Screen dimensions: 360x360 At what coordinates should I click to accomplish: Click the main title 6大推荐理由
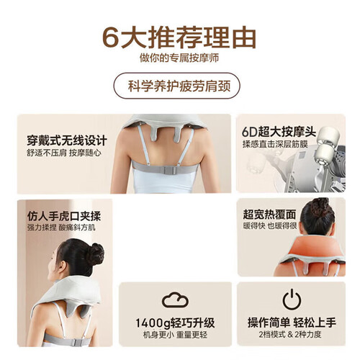click(x=179, y=38)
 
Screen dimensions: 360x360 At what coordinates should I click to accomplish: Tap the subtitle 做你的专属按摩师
click(x=179, y=58)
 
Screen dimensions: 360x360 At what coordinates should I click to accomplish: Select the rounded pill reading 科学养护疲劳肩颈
click(x=177, y=86)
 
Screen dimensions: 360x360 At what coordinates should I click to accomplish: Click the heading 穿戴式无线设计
click(x=67, y=140)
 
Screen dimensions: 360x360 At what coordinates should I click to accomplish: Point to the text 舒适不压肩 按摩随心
click(x=64, y=153)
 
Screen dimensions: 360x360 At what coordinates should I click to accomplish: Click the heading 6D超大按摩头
click(x=279, y=132)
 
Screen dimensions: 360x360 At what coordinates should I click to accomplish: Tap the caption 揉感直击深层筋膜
click(x=275, y=144)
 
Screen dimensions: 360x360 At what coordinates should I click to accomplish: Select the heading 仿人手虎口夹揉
click(x=64, y=216)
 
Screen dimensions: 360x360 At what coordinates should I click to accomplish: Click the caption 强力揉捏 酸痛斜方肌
click(x=61, y=228)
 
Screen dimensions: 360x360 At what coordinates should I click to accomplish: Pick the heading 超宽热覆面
click(x=269, y=215)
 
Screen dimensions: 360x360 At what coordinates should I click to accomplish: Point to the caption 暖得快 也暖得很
click(x=270, y=226)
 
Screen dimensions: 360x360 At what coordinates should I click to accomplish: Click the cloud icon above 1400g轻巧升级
click(x=175, y=300)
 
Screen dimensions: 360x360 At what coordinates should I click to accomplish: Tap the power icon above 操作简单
click(x=292, y=300)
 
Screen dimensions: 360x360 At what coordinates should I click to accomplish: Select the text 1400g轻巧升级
click(x=175, y=323)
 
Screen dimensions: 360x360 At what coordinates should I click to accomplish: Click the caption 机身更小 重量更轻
click(x=175, y=335)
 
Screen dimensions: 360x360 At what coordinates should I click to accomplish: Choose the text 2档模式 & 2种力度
click(x=290, y=334)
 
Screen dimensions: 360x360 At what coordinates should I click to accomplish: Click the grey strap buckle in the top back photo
click(x=170, y=170)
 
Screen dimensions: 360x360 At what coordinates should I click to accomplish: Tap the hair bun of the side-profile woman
click(x=96, y=254)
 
